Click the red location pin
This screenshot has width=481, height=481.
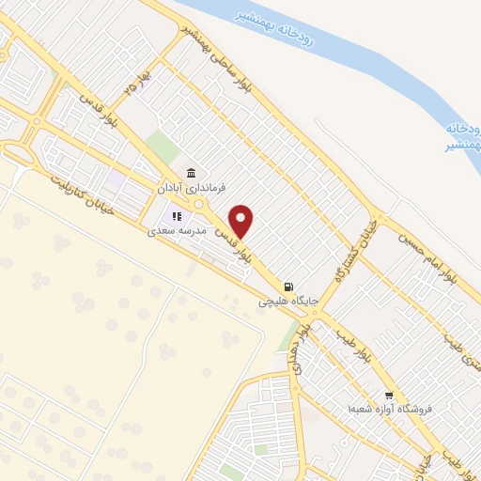click(241, 220)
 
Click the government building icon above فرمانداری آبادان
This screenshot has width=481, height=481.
click(192, 172)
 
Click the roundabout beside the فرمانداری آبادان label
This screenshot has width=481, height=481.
click(198, 205)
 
